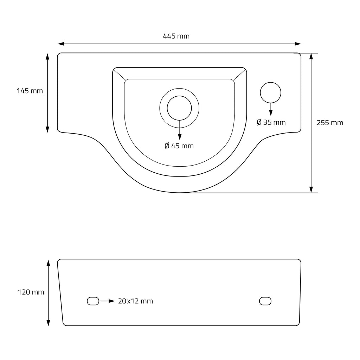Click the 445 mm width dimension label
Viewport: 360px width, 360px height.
point(176,36)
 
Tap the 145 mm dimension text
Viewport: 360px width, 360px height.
point(30,91)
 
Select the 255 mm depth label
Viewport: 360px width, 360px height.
point(330,123)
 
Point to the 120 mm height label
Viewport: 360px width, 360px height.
point(31,292)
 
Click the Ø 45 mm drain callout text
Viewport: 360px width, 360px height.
point(179,146)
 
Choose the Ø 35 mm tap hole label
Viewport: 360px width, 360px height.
point(271,122)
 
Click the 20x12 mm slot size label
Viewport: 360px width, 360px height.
point(135,301)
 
